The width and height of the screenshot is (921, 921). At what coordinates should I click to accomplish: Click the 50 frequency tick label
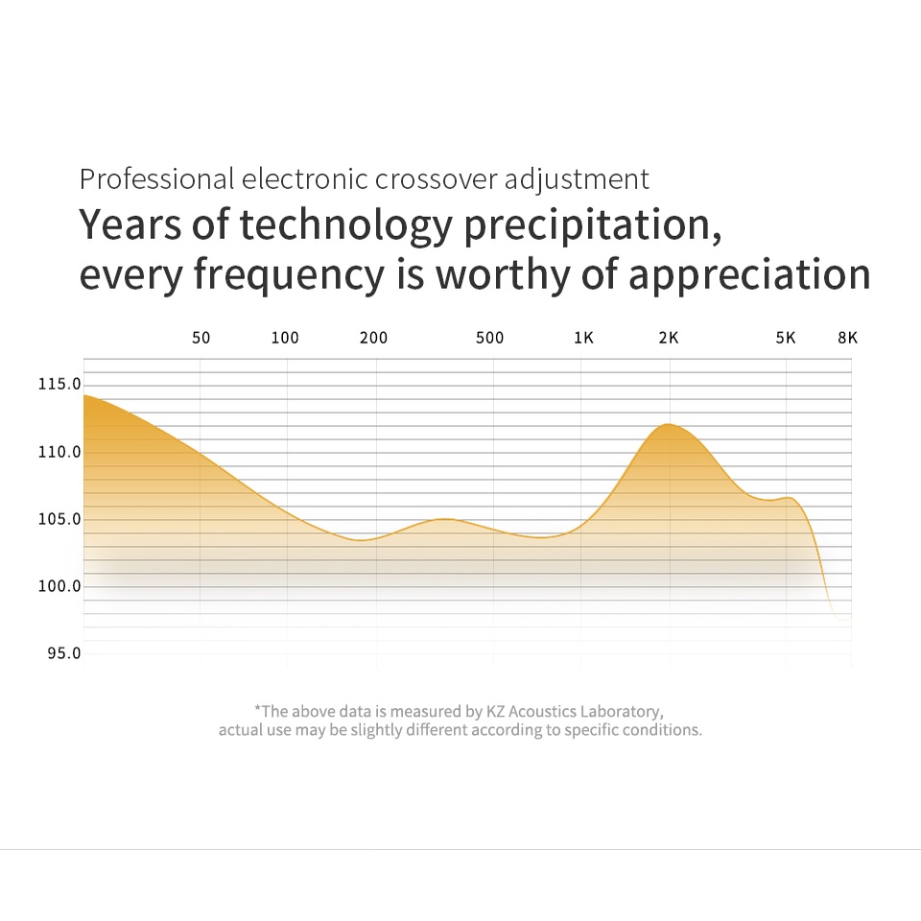coord(201,338)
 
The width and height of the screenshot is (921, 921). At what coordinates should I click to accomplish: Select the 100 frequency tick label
coord(285,338)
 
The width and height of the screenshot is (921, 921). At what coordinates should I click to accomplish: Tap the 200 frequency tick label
coord(373,338)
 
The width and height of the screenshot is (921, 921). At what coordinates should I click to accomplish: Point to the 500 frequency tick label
coord(489,338)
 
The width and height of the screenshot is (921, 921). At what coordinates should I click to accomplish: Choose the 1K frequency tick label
coord(583,338)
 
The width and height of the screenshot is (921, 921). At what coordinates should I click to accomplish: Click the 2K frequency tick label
coord(669,338)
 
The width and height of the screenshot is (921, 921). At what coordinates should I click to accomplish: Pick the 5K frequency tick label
coord(786,338)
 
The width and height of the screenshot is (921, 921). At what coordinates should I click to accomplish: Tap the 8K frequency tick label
coord(847,338)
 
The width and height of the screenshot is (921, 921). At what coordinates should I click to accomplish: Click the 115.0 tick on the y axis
coord(59,385)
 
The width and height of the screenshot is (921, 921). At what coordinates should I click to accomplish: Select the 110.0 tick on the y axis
coord(59,452)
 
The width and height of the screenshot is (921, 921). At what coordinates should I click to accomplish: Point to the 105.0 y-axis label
coord(59,519)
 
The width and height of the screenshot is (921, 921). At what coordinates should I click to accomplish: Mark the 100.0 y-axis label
coord(59,586)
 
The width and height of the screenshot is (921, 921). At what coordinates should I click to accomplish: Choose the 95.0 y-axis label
coord(63,653)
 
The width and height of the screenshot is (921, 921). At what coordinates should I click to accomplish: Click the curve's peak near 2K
coord(669,424)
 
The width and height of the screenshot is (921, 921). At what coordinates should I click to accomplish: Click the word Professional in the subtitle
coord(156,179)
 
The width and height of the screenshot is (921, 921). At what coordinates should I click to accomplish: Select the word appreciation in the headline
coord(749,275)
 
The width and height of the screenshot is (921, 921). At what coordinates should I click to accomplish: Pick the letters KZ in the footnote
coord(495,711)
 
